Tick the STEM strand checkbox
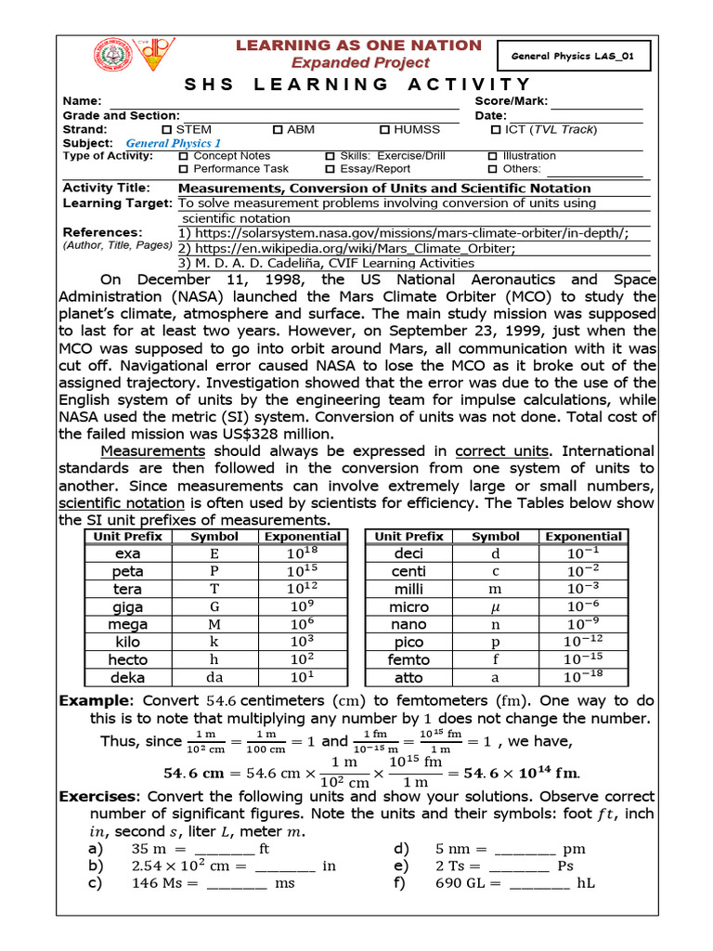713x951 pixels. (x=167, y=130)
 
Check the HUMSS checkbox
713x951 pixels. (x=385, y=130)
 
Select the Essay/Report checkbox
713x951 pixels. (x=331, y=170)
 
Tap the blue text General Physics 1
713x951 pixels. (x=173, y=144)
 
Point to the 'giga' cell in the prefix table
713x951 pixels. (x=128, y=606)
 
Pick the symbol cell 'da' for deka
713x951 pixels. (x=214, y=677)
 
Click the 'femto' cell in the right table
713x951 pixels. (x=408, y=659)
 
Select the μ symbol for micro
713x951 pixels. (x=496, y=606)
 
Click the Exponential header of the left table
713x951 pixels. (x=303, y=536)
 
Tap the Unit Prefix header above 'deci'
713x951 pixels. (x=408, y=536)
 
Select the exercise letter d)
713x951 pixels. (x=402, y=849)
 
